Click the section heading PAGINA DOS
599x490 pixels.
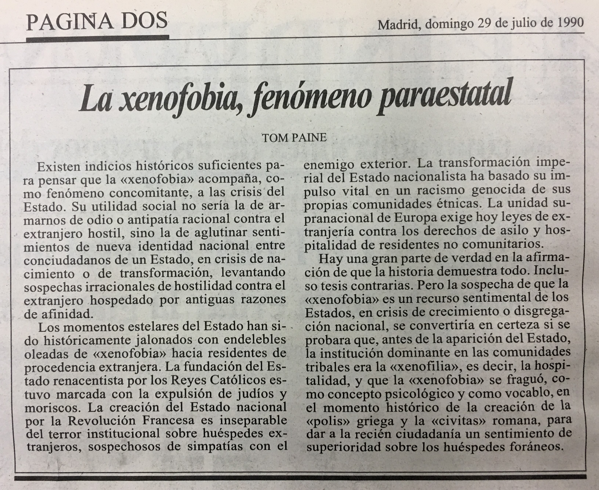click(x=97, y=21)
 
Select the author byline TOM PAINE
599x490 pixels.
click(x=294, y=138)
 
